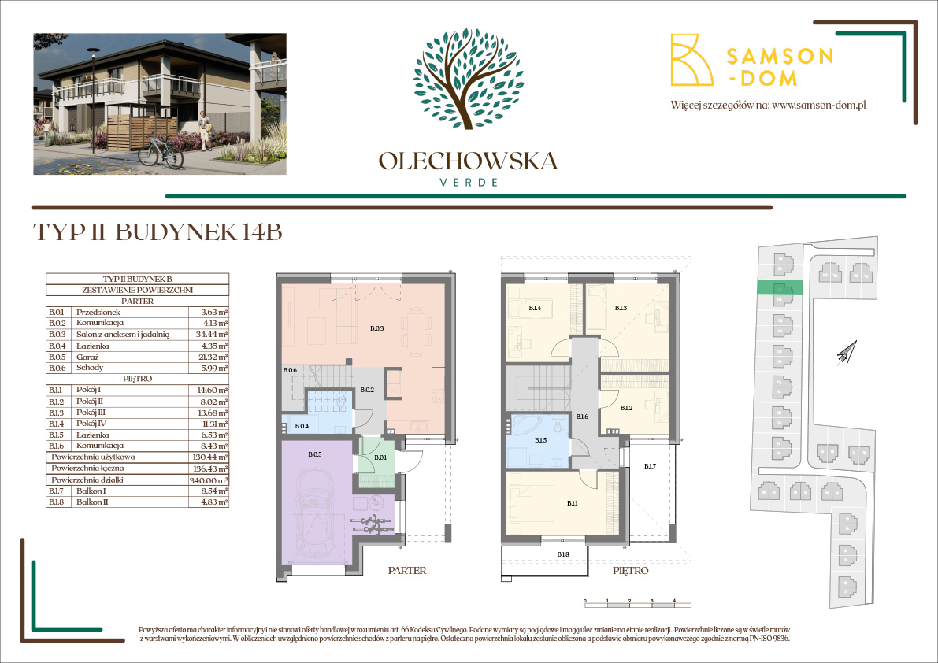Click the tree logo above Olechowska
(468, 79)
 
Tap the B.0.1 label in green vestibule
(380, 457)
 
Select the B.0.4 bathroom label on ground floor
(302, 427)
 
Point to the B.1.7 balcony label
(649, 467)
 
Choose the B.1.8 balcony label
(563, 555)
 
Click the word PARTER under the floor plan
(407, 570)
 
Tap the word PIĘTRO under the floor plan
(629, 570)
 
